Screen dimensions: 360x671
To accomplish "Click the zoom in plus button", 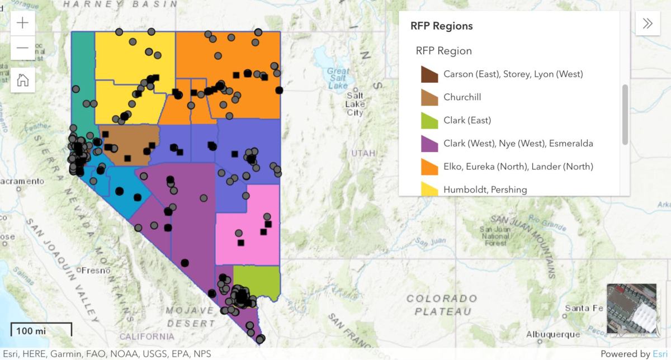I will [x=23, y=23].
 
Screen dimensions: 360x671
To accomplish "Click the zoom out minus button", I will [x=23, y=48].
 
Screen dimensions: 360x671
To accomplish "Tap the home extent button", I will [x=23, y=79].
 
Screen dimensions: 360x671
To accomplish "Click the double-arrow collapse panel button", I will [x=648, y=23].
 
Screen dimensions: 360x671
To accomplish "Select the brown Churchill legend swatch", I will [x=429, y=97].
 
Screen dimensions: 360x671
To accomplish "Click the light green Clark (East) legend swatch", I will [x=429, y=120].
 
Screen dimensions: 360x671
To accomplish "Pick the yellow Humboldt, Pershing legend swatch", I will [x=429, y=190].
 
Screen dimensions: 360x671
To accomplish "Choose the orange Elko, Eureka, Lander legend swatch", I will [x=429, y=167].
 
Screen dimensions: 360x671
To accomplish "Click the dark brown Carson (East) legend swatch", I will [x=429, y=74].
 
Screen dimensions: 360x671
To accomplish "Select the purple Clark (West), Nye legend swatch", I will [x=429, y=144].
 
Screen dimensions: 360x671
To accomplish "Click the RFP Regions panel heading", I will [x=441, y=26].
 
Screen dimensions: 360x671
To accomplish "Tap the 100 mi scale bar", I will [x=41, y=330].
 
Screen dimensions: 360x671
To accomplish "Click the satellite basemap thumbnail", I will [x=632, y=310].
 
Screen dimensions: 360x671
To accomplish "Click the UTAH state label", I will [x=363, y=153].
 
